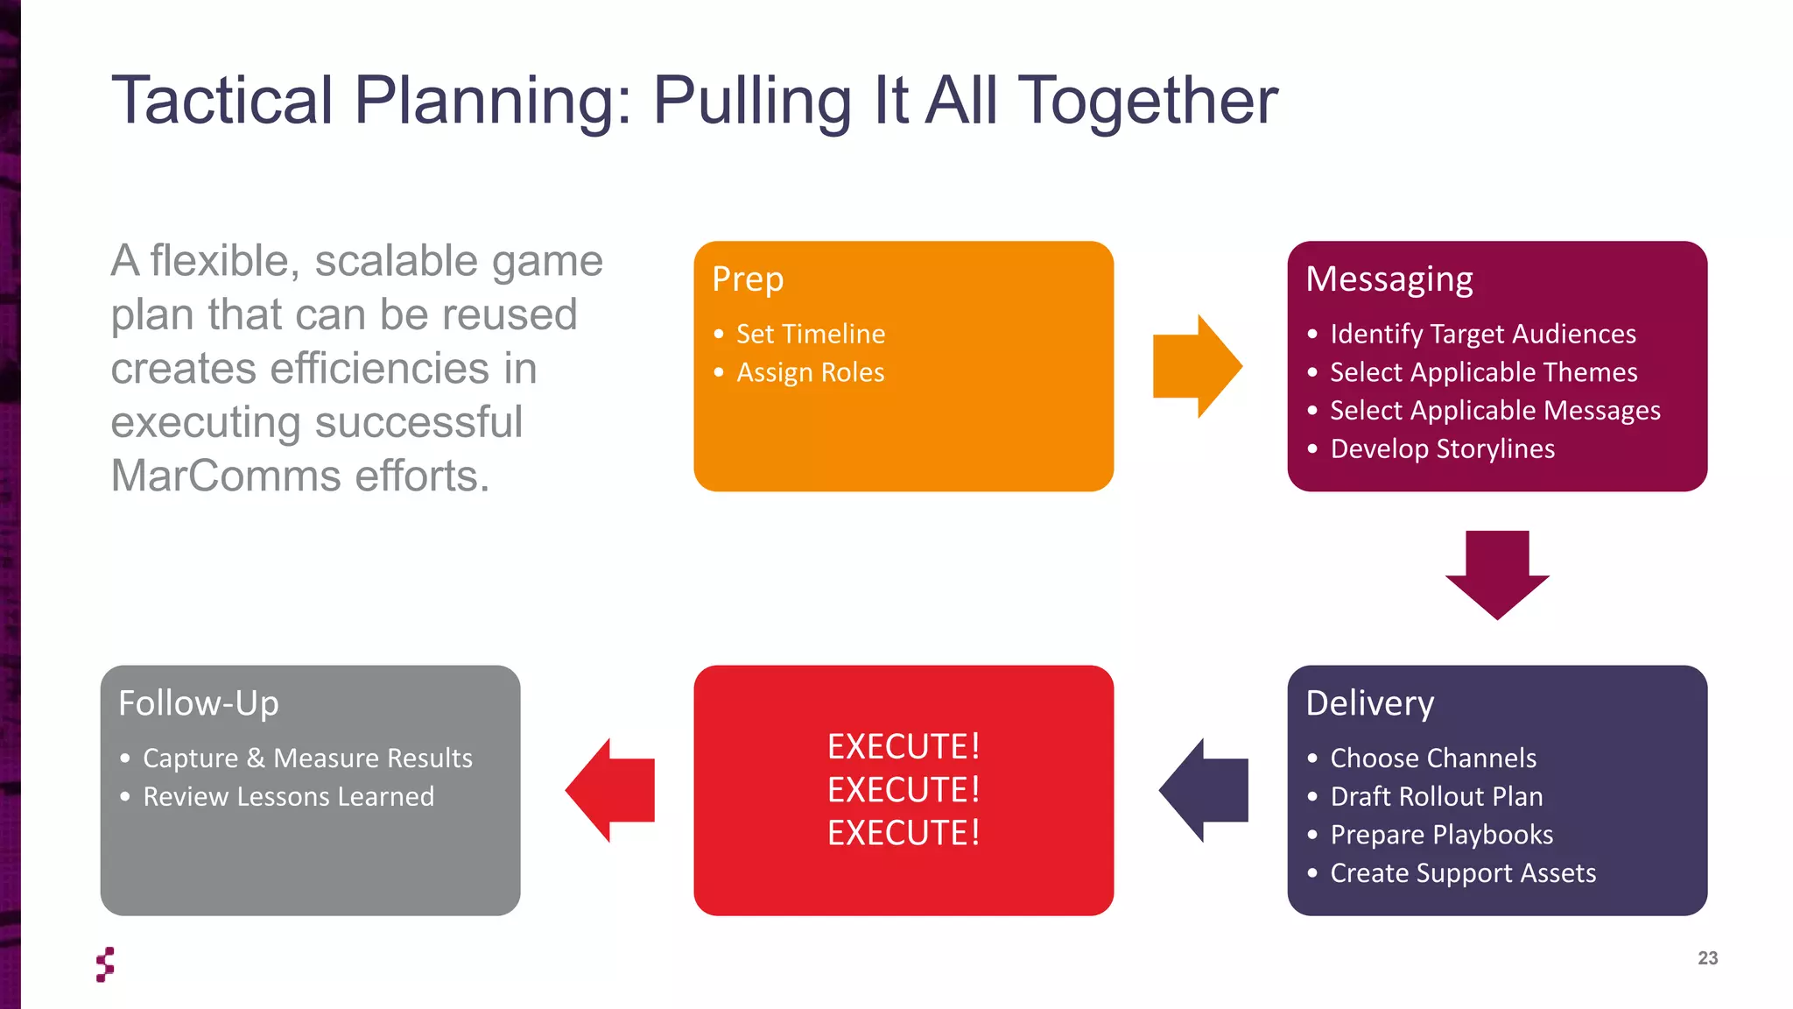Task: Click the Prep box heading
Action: tap(748, 279)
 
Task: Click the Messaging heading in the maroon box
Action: tap(1389, 279)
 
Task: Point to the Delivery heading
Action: tap(1369, 703)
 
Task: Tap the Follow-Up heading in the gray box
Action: tap(199, 703)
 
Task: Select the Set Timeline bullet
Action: tap(810, 334)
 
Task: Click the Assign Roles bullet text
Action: tap(810, 372)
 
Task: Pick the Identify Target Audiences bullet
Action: tap(1482, 334)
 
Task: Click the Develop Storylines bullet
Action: tap(1442, 448)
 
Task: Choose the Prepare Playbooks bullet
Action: tap(1441, 835)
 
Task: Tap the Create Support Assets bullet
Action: tap(1462, 873)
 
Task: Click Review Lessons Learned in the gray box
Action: tap(288, 796)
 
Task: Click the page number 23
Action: tap(1707, 958)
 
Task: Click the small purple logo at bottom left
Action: tap(105, 964)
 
